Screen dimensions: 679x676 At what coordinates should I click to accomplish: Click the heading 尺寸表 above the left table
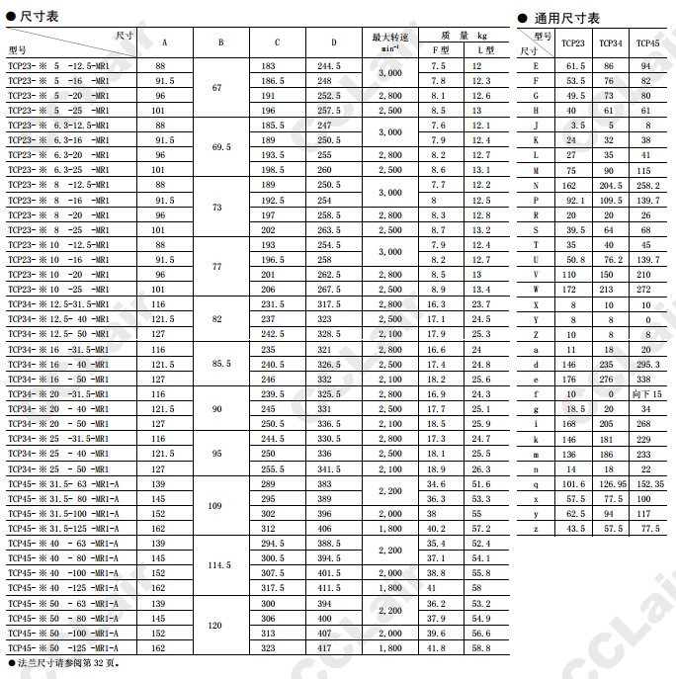39,18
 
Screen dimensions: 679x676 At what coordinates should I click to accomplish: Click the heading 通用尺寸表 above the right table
564,18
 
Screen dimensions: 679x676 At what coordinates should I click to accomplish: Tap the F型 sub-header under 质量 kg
439,49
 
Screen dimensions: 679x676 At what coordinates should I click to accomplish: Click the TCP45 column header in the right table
648,43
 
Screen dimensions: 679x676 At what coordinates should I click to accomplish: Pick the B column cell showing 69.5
220,147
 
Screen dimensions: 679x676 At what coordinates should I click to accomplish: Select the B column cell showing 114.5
220,565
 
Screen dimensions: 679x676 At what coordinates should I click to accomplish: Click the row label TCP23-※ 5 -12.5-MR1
59,65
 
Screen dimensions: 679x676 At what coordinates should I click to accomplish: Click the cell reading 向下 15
648,393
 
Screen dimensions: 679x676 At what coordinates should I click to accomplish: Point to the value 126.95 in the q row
612,484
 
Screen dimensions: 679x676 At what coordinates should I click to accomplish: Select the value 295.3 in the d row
648,364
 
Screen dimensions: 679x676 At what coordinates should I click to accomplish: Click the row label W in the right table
536,289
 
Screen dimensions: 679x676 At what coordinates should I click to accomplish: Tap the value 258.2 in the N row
648,185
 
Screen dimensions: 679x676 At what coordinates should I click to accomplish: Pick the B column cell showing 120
220,626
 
